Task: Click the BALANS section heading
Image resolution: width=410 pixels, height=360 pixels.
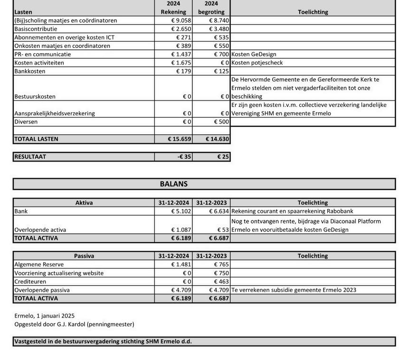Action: pyautogui.click(x=173, y=184)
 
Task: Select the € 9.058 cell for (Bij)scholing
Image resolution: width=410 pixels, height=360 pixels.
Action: pyautogui.click(x=181, y=20)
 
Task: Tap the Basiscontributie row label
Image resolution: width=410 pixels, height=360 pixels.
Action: pyautogui.click(x=36, y=29)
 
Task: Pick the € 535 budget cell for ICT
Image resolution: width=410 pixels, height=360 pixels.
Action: pyautogui.click(x=221, y=37)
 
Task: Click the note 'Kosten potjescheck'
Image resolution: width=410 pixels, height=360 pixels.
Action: pyautogui.click(x=257, y=63)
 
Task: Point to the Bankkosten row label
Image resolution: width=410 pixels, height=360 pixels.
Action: pyautogui.click(x=30, y=71)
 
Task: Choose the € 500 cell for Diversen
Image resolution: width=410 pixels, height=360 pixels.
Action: pyautogui.click(x=221, y=122)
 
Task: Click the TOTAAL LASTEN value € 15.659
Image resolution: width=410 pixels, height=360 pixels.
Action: pyautogui.click(x=180, y=139)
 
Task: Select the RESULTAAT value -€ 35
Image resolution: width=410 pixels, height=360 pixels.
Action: pyautogui.click(x=184, y=156)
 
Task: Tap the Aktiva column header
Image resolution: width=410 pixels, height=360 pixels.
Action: pyautogui.click(x=84, y=203)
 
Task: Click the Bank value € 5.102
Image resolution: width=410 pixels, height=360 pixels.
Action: pyautogui.click(x=181, y=211)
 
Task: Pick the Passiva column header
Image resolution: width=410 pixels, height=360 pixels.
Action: pyautogui.click(x=84, y=256)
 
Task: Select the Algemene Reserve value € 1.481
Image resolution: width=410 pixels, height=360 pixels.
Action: pyautogui.click(x=181, y=265)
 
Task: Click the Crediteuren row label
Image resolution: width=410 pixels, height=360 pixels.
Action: pyautogui.click(x=30, y=282)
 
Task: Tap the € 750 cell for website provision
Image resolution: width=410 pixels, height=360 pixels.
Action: pyautogui.click(x=221, y=273)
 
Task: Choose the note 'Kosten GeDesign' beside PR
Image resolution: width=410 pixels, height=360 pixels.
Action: pyautogui.click(x=254, y=54)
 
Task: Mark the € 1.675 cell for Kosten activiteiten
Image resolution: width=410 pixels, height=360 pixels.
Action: pyautogui.click(x=181, y=63)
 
